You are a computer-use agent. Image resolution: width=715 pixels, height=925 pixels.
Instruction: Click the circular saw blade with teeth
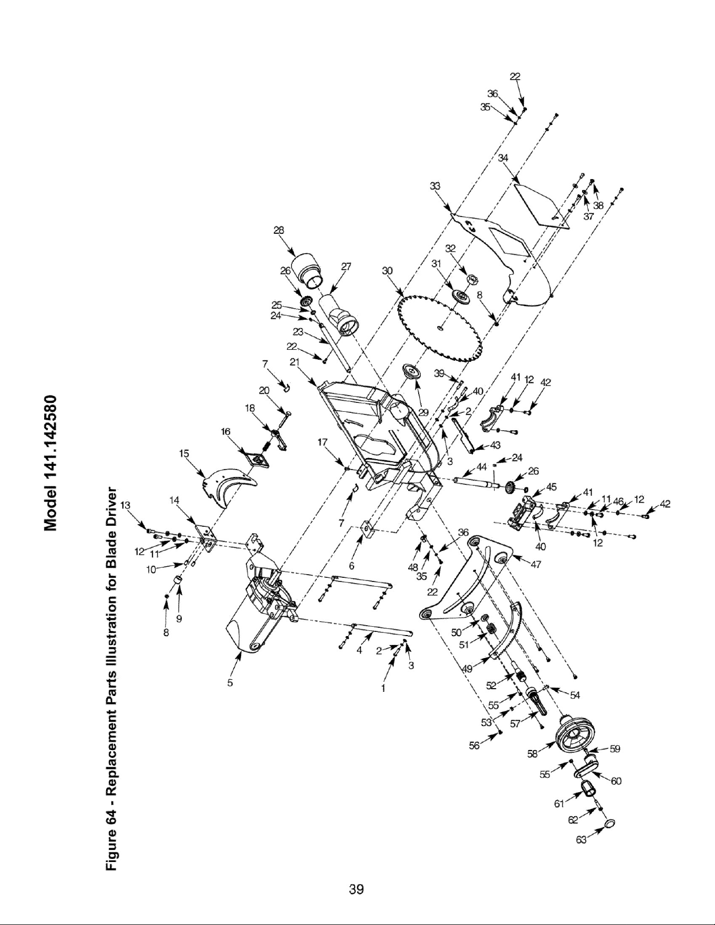(441, 328)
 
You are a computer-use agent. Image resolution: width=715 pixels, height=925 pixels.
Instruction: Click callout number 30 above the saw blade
(388, 271)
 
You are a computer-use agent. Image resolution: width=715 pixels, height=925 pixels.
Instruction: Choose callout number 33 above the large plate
(434, 186)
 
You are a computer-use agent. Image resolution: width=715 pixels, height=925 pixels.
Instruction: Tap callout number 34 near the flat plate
(504, 158)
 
